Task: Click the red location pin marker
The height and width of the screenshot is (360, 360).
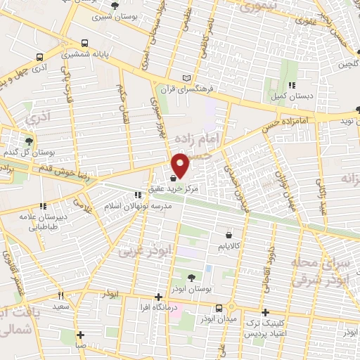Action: coord(181,165)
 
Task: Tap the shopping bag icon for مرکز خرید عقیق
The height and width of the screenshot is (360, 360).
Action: coord(174,179)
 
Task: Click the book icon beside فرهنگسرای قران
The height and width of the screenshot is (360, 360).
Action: coord(186,77)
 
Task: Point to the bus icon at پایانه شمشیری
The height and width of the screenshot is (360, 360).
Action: coord(84,41)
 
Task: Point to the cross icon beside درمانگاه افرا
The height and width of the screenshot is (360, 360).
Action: coord(159,297)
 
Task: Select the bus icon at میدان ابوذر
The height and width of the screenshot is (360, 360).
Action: coord(219,308)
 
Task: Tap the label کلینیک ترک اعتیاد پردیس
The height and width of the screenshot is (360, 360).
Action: coord(266,324)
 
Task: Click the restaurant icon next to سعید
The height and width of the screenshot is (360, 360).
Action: coord(60,296)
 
